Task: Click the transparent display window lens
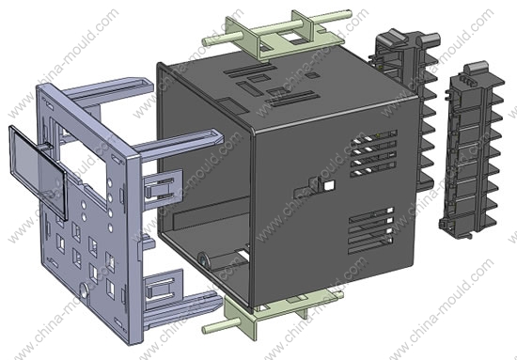39,172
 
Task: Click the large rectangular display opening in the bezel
84,164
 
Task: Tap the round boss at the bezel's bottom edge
85,290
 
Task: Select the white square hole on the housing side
329,185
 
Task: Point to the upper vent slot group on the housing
373,153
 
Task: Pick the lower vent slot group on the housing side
371,231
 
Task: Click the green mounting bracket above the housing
278,34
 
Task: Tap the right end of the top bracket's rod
349,14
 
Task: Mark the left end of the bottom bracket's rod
206,328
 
